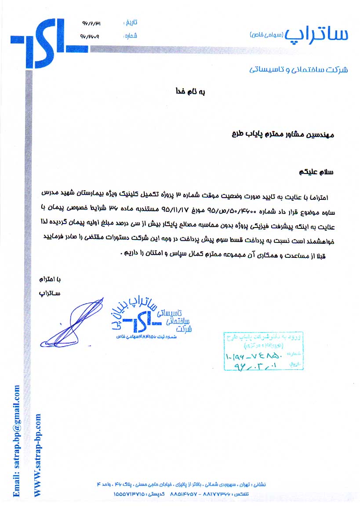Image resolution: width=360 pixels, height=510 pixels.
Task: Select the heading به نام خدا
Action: click(x=191, y=92)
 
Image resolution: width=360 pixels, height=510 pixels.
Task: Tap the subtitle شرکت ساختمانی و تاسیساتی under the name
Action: click(x=298, y=69)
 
